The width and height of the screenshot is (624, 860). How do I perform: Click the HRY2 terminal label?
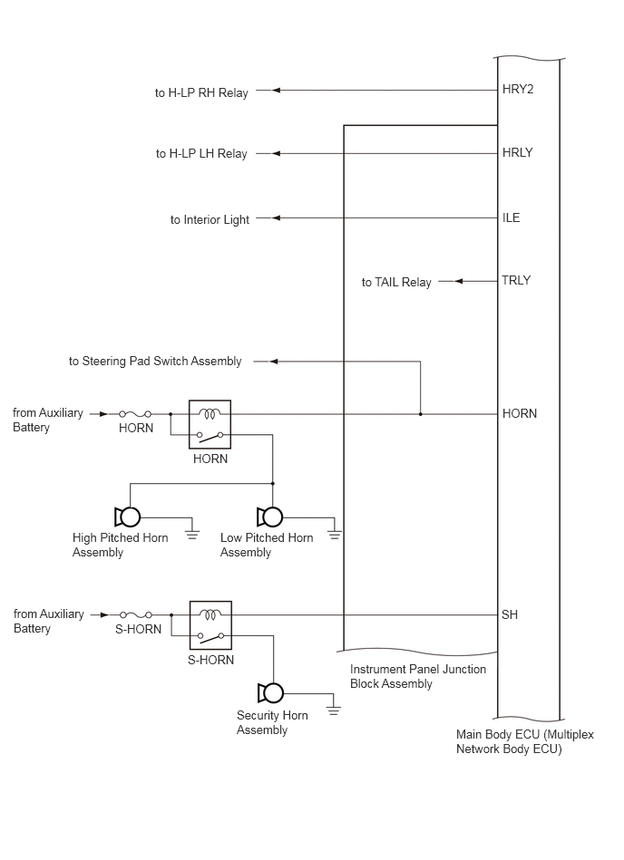pyautogui.click(x=518, y=90)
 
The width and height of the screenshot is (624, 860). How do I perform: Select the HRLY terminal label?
pyautogui.click(x=518, y=152)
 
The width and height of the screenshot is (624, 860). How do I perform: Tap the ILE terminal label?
pyautogui.click(x=511, y=217)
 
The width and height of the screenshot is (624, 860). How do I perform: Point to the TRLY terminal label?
pyautogui.click(x=516, y=280)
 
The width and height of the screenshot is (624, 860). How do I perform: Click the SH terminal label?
pyautogui.click(x=510, y=614)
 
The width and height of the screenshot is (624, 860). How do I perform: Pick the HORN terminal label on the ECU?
pyautogui.click(x=519, y=413)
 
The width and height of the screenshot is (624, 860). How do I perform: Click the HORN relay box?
pyautogui.click(x=210, y=424)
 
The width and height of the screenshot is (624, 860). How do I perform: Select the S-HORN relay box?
pyautogui.click(x=210, y=625)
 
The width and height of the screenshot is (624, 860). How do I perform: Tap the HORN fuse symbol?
pyautogui.click(x=135, y=414)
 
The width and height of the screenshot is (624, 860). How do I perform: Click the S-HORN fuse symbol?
pyautogui.click(x=136, y=614)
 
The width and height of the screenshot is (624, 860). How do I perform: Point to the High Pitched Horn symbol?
pyautogui.click(x=127, y=517)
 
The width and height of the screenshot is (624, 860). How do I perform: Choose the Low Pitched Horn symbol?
pyautogui.click(x=269, y=517)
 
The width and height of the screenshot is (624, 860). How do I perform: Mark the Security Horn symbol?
pyautogui.click(x=270, y=693)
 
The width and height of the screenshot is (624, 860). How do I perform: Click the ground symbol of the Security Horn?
pyautogui.click(x=333, y=710)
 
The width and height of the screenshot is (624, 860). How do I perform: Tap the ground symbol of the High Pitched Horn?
pyautogui.click(x=191, y=534)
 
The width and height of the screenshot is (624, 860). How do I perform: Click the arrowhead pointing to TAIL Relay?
pyautogui.click(x=459, y=281)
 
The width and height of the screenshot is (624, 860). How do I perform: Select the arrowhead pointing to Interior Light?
pyautogui.click(x=276, y=217)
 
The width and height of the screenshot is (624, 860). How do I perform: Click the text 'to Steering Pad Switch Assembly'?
pyautogui.click(x=155, y=362)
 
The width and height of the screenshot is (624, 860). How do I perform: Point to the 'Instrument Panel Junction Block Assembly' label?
pyautogui.click(x=417, y=676)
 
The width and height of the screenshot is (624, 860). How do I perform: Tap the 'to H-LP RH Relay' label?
pyautogui.click(x=201, y=92)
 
